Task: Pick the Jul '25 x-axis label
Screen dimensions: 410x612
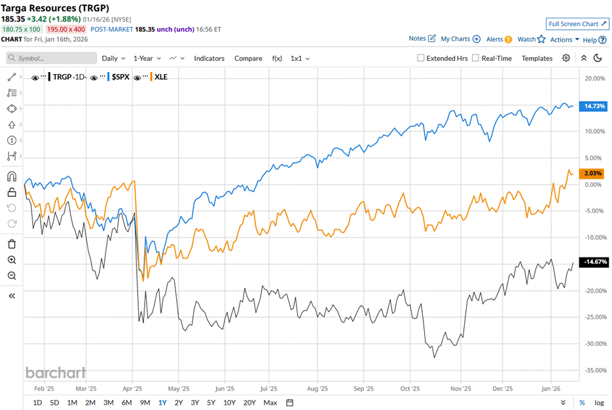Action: pyautogui.click(x=268, y=388)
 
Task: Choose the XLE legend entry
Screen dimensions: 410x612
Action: pyautogui.click(x=160, y=77)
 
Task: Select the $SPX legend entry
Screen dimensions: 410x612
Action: pyautogui.click(x=120, y=77)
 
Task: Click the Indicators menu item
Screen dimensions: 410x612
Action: pyautogui.click(x=209, y=58)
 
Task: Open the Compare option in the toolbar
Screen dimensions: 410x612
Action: pyautogui.click(x=248, y=58)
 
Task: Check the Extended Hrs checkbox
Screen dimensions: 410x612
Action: pyautogui.click(x=421, y=58)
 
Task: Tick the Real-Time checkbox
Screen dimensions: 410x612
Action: pyautogui.click(x=475, y=58)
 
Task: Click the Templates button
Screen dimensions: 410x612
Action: pyautogui.click(x=537, y=58)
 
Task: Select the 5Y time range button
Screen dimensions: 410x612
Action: pyautogui.click(x=211, y=402)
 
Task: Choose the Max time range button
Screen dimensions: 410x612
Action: pyautogui.click(x=270, y=402)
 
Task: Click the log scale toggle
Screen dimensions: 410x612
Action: pyautogui.click(x=599, y=402)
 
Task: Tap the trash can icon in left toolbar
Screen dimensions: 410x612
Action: pyautogui.click(x=12, y=244)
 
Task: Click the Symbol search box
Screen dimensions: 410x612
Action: pyautogui.click(x=52, y=58)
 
